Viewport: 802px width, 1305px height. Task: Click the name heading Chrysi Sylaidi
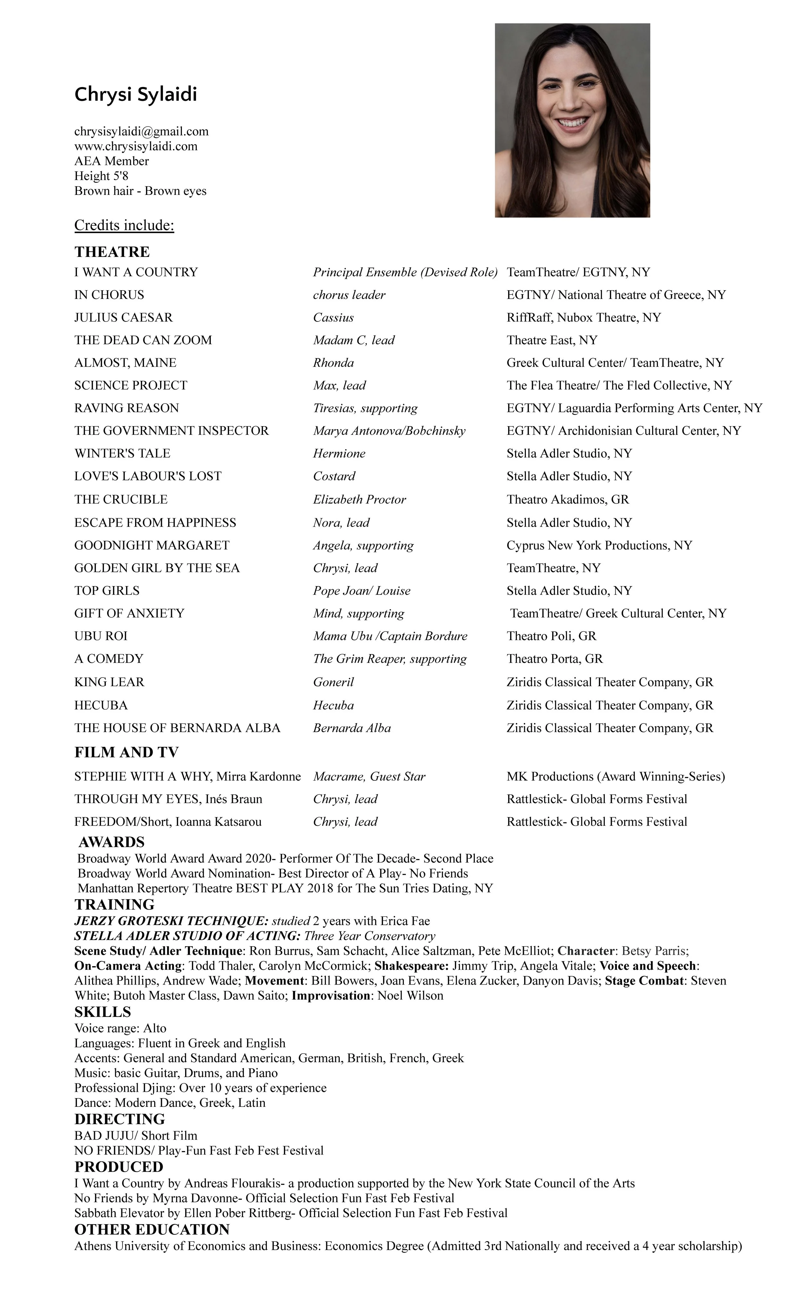136,94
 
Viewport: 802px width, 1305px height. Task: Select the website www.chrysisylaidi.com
136,146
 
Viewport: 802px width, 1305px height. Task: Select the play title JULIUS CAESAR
124,318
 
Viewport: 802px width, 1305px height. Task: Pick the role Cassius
333,318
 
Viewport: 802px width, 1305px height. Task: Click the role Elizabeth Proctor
359,500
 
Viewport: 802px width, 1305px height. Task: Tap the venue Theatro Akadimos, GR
567,500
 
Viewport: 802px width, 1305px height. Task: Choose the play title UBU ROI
101,636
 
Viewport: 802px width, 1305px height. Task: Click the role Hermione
339,453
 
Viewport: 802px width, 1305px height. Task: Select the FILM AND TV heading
126,752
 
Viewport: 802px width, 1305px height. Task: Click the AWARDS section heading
111,842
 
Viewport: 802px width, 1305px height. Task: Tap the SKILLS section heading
102,1012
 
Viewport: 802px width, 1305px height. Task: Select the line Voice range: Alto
120,1029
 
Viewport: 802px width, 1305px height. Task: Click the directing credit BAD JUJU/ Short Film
136,1136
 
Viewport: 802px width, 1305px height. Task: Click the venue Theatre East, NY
552,340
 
